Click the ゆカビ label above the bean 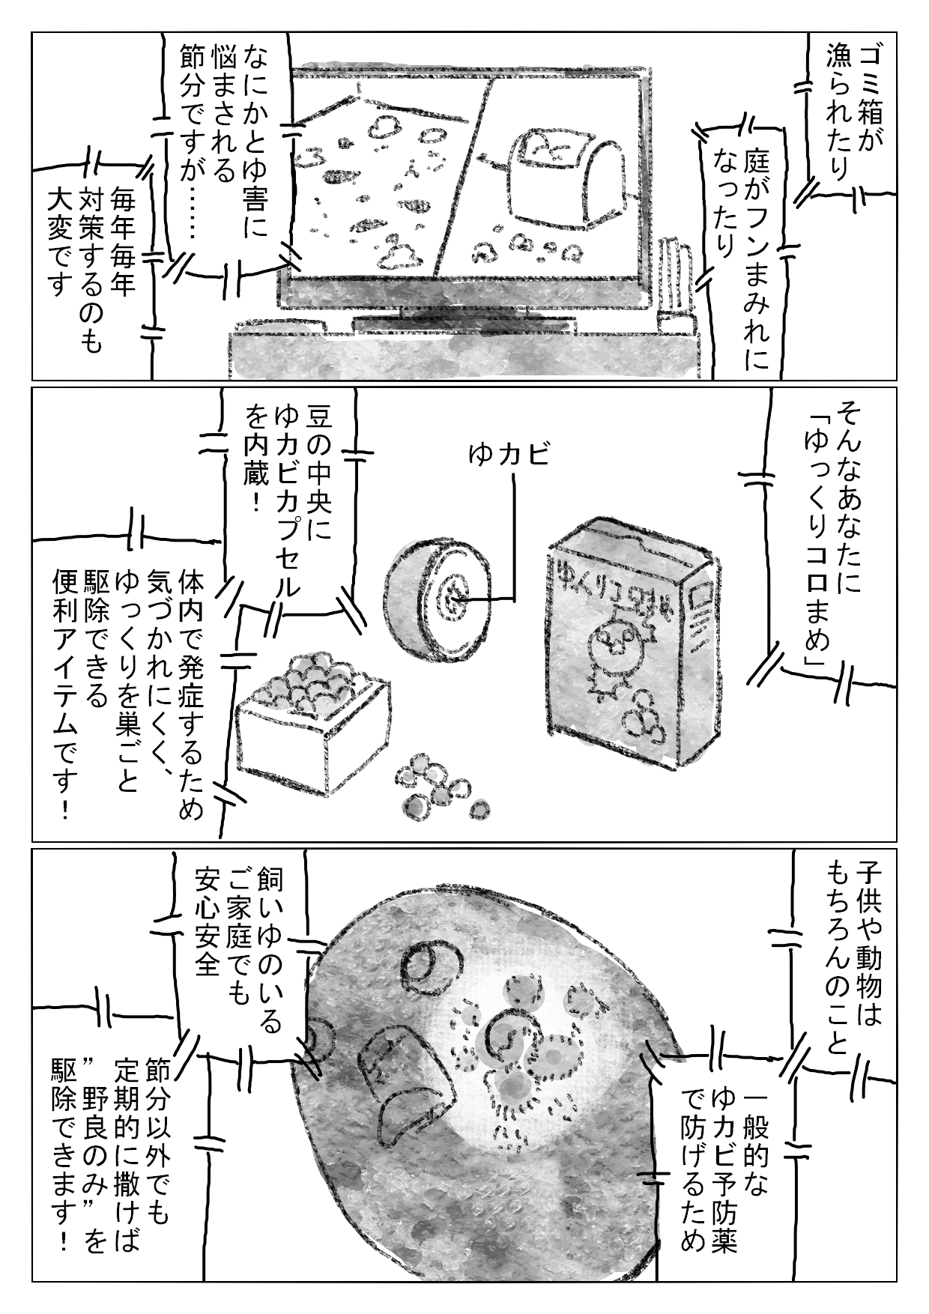click(509, 454)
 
